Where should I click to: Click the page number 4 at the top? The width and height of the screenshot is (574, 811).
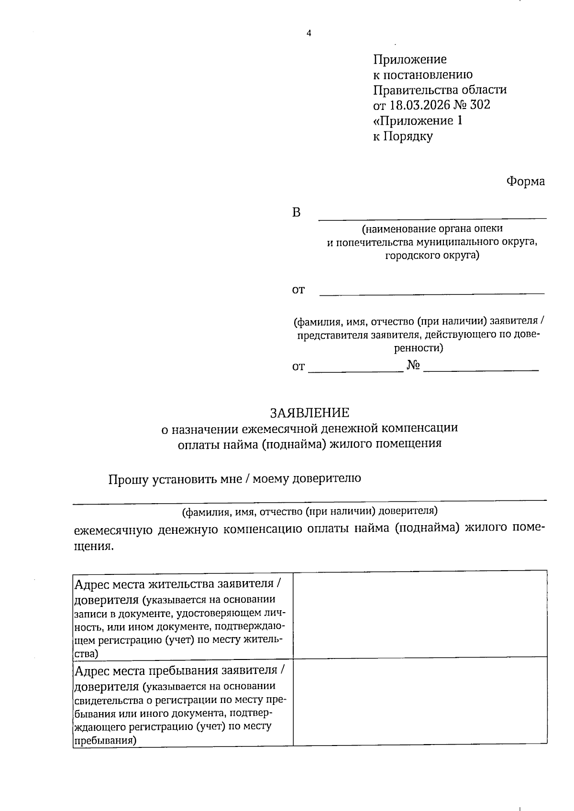(x=309, y=33)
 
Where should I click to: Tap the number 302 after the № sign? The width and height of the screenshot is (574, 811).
(x=480, y=105)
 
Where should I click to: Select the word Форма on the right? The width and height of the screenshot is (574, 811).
(x=525, y=182)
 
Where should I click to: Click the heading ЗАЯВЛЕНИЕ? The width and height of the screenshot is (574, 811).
(x=309, y=412)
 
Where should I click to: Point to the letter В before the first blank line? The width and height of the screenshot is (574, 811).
(x=297, y=213)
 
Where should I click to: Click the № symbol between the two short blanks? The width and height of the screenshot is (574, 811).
(x=413, y=366)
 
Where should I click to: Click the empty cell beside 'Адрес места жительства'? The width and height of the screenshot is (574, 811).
(x=419, y=614)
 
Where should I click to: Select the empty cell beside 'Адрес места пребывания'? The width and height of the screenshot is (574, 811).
(x=419, y=701)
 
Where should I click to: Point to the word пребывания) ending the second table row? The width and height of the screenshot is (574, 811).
(x=104, y=741)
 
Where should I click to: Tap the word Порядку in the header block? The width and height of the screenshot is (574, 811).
(x=409, y=137)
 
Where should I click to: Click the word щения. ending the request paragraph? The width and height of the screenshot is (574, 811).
(x=94, y=546)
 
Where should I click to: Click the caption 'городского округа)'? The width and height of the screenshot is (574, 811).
(x=432, y=256)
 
